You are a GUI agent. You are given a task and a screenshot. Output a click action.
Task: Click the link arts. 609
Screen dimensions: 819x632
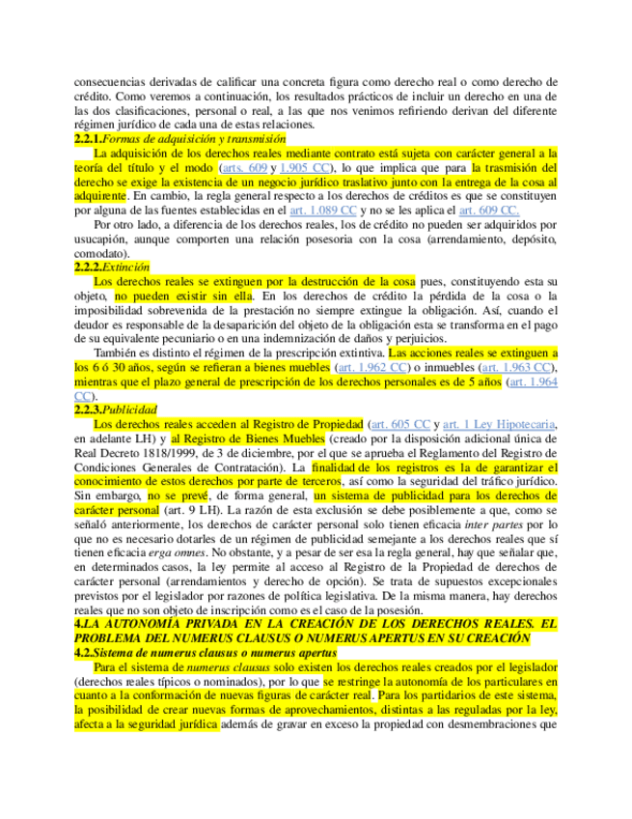click(x=245, y=167)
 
